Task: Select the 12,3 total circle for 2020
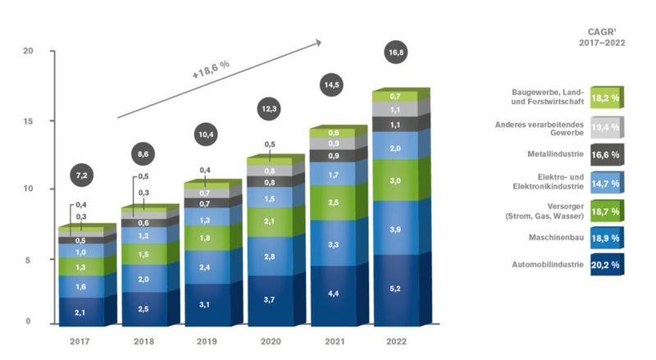(270, 107)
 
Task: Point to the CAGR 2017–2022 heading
(602, 36)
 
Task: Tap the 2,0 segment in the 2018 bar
(144, 279)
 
